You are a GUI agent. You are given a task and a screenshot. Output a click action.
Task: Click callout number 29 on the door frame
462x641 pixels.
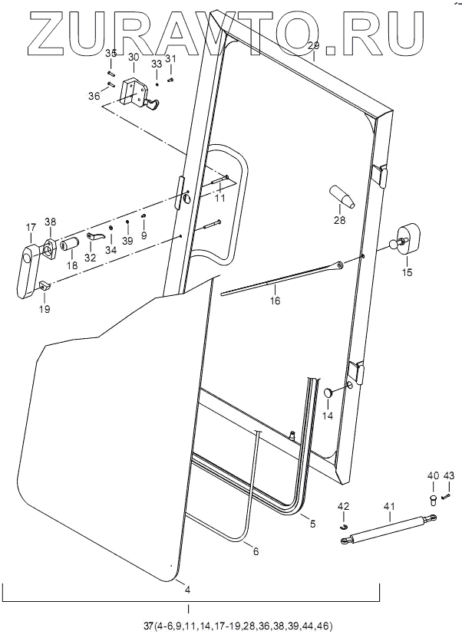[x=313, y=46]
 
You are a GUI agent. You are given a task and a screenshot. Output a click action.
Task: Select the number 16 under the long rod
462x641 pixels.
[x=275, y=301]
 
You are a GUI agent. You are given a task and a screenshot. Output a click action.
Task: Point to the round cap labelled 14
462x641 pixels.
[x=328, y=392]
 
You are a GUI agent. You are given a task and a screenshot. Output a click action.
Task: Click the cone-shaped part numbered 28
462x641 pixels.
[x=342, y=196]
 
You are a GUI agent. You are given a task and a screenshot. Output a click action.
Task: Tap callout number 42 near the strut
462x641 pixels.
[x=344, y=506]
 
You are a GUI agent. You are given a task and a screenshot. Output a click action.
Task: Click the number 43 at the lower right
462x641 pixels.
[x=449, y=476]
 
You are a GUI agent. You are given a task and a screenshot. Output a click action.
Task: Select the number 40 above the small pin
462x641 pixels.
[x=432, y=476]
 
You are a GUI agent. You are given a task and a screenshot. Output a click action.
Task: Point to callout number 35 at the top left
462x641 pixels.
[x=111, y=53]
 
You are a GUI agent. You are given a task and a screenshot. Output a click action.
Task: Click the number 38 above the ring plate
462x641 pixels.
[x=51, y=222]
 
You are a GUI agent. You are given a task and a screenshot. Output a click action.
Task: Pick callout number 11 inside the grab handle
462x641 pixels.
[x=220, y=198]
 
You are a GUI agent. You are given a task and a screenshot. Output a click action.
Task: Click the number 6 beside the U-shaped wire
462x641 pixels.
[x=255, y=551]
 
